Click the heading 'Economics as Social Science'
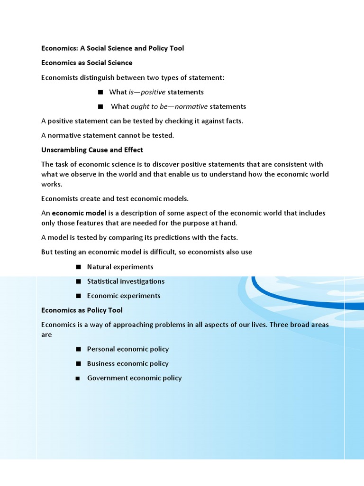(x=87, y=63)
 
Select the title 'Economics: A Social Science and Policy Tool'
(x=112, y=48)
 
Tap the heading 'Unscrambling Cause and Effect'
(x=92, y=150)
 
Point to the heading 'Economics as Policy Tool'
(x=82, y=310)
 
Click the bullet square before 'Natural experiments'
(x=78, y=267)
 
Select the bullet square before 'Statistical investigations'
(x=78, y=281)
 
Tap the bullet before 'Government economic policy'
(x=78, y=378)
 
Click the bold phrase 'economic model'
(x=79, y=213)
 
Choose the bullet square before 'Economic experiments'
(x=78, y=296)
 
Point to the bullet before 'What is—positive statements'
(x=100, y=92)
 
